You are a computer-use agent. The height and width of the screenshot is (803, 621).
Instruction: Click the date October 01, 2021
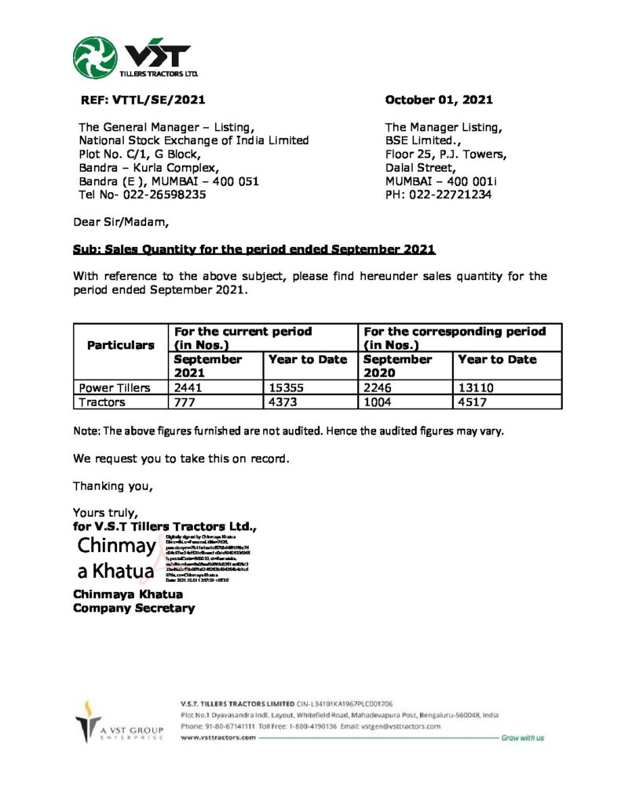tap(439, 100)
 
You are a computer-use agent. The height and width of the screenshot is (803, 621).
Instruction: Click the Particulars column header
tap(120, 345)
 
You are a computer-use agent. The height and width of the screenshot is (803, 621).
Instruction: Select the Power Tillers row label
tap(115, 387)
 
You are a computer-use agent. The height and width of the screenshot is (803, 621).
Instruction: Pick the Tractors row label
tap(102, 401)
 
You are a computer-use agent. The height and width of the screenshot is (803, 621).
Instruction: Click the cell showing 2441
tap(188, 387)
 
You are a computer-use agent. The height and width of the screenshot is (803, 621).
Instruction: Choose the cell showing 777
tap(184, 401)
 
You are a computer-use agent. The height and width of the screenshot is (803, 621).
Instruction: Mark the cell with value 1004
tap(378, 401)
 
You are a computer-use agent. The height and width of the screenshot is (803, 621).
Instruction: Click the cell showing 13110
tap(474, 387)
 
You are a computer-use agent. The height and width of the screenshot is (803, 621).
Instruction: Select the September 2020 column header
tap(398, 366)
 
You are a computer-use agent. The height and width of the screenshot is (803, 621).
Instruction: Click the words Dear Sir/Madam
tap(121, 222)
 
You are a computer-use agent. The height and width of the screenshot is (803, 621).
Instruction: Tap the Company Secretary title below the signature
tap(133, 608)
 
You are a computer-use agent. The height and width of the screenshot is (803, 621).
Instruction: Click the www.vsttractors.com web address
tap(217, 738)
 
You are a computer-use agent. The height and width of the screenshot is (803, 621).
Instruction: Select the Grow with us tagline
tap(522, 738)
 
